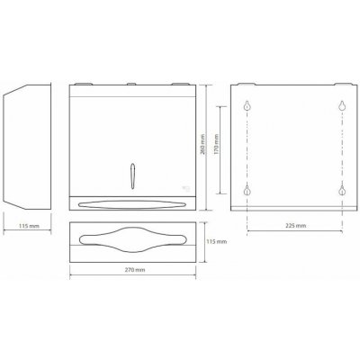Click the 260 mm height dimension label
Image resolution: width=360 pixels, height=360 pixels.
click(202, 144)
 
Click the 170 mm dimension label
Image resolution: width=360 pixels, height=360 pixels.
click(216, 144)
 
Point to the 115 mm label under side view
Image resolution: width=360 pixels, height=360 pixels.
click(29, 226)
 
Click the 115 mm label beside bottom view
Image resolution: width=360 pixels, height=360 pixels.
click(217, 241)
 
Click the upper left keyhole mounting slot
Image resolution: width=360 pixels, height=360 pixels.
click(247, 105)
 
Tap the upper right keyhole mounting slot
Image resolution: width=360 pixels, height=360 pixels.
click(342, 105)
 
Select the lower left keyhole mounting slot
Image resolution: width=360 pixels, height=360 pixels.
click(247, 191)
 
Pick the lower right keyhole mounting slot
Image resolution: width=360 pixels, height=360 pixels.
click(342, 191)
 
